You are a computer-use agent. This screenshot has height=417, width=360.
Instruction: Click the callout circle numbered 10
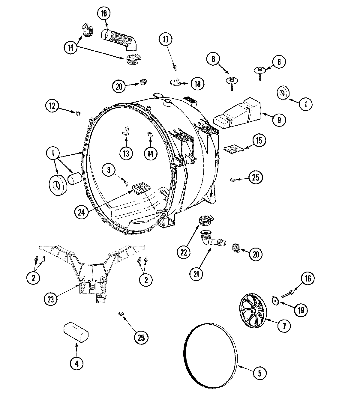(104, 13)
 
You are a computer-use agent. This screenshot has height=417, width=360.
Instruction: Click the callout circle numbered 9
(279, 120)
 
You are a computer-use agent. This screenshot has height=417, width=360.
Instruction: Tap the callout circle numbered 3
(109, 170)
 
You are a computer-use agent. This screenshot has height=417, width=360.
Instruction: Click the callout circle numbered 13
(126, 153)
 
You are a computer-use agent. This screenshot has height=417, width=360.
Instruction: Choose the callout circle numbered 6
(279, 62)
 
